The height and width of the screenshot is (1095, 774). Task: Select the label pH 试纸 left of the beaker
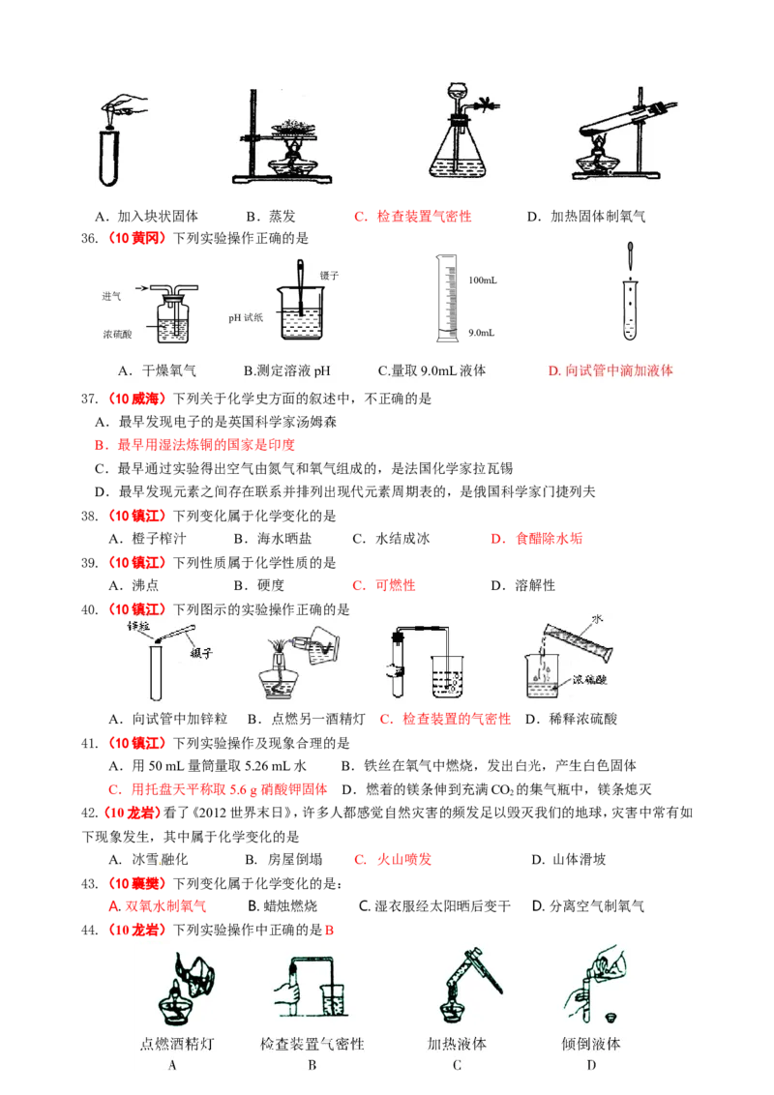246,317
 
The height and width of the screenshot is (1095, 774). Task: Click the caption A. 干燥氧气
157,370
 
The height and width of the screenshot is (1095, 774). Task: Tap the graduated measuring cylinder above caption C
445,295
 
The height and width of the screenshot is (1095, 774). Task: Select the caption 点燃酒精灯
173,1044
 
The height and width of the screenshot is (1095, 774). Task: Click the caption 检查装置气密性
313,1044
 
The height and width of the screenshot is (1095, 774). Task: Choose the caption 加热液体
457,1044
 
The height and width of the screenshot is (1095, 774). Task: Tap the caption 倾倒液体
591,1044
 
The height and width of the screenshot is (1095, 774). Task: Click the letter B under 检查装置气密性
313,1065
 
